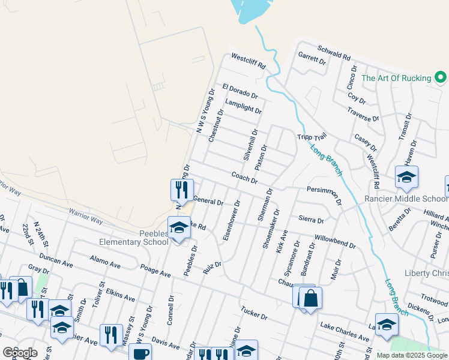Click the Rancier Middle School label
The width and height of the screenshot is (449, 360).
click(x=406, y=199)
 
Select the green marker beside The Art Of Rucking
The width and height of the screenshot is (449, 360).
click(x=441, y=78)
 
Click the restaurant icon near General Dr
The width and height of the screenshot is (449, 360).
click(x=181, y=190)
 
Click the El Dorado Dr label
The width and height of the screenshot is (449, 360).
click(x=240, y=91)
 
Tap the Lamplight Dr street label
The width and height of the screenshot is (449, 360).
click(x=243, y=107)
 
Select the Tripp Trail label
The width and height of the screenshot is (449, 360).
click(x=311, y=137)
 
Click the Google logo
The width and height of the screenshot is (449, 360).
click(x=20, y=352)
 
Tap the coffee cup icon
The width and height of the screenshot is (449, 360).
click(x=141, y=353)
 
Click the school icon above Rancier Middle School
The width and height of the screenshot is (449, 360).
click(x=406, y=177)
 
